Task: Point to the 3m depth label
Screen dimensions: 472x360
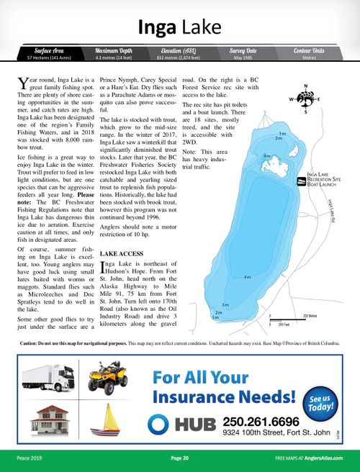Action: [225, 305]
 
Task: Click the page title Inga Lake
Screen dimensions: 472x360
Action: [179, 27]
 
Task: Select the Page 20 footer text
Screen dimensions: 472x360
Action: [179, 458]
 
